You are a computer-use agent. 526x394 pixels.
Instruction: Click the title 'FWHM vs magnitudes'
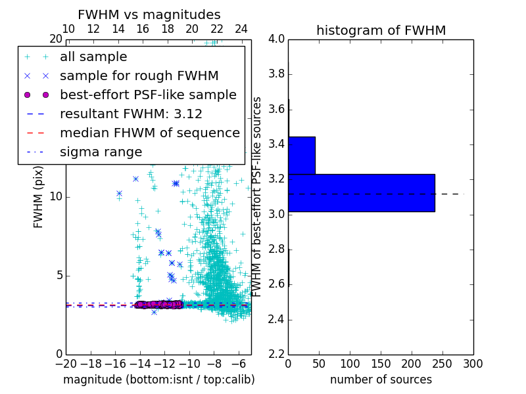(149, 15)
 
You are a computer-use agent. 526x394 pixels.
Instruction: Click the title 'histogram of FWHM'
(381, 30)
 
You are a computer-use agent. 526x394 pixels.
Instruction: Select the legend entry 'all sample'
(93, 57)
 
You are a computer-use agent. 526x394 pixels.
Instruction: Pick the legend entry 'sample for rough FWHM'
(139, 76)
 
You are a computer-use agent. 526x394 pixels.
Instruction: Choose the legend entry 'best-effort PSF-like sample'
(148, 95)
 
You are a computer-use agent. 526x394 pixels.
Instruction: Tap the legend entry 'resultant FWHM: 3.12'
(131, 114)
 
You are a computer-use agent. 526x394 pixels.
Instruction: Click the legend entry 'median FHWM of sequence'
(149, 133)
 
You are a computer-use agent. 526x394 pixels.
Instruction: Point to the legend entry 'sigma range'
(101, 152)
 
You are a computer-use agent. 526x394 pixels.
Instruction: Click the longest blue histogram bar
(361, 192)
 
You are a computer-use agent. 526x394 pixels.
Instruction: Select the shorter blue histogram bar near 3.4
(302, 155)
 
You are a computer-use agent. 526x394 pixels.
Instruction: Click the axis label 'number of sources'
(381, 380)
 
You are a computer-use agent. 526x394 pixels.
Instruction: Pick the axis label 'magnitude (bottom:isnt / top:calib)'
(158, 380)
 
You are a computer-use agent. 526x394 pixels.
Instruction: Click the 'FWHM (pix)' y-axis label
(39, 197)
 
